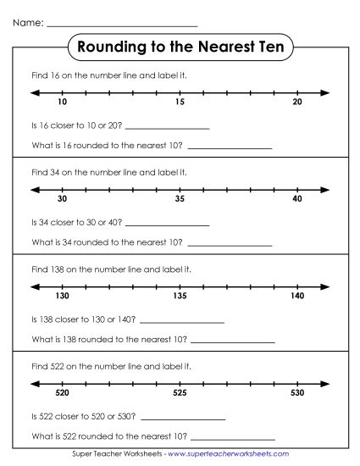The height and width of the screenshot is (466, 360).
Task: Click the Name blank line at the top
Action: click(122, 25)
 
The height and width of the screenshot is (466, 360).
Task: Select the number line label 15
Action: click(180, 103)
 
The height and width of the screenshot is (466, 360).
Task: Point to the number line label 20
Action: click(296, 103)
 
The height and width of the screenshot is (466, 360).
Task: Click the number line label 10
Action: click(62, 103)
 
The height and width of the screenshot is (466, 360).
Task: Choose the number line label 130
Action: click(62, 297)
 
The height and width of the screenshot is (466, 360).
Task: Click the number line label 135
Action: click(180, 297)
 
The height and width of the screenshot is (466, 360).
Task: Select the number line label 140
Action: click(296, 297)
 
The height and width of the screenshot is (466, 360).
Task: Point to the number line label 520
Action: click(62, 393)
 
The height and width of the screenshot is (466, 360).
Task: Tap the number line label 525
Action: click(180, 393)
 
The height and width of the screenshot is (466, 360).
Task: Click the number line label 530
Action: click(296, 393)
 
